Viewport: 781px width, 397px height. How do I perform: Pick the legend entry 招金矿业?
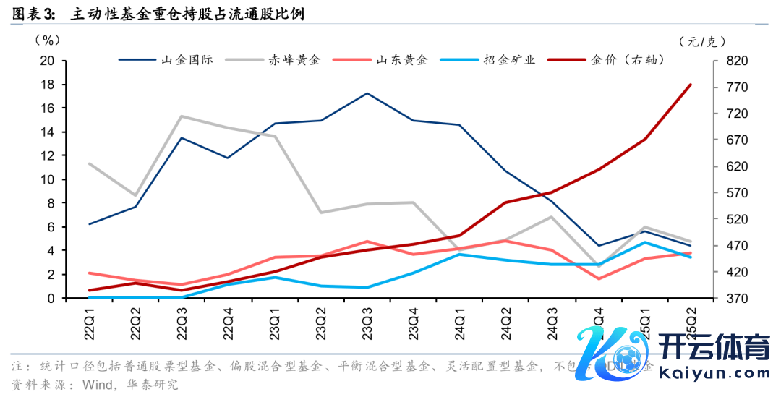[x=509, y=59]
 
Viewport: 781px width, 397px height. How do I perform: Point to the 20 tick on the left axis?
[x=48, y=61]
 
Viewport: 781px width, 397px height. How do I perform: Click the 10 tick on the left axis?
[x=48, y=179]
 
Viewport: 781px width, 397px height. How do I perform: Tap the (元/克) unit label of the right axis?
[x=702, y=41]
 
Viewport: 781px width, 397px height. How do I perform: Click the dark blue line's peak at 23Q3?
[x=367, y=93]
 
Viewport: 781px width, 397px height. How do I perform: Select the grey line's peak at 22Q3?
[x=182, y=116]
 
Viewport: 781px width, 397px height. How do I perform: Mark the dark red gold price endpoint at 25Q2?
[x=691, y=85]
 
